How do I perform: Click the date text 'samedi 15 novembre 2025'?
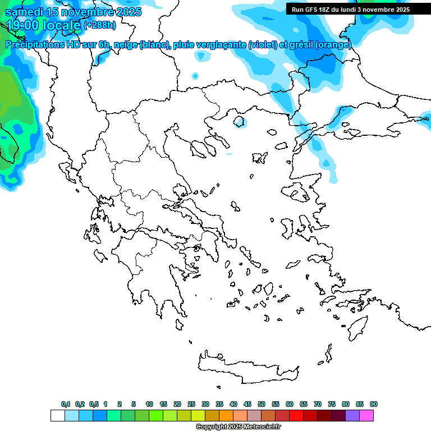[73, 12]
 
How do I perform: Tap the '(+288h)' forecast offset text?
[100, 25]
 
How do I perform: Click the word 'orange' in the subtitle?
[333, 45]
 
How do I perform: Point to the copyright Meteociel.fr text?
[238, 427]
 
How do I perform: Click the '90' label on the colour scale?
[373, 404]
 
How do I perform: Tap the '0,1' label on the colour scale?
[66, 404]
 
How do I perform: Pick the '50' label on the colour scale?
[262, 404]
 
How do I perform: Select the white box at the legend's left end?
[57, 416]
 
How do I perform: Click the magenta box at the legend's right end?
[366, 416]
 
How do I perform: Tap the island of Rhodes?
[356, 326]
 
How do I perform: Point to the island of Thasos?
[239, 121]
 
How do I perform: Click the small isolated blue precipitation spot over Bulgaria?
[195, 75]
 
